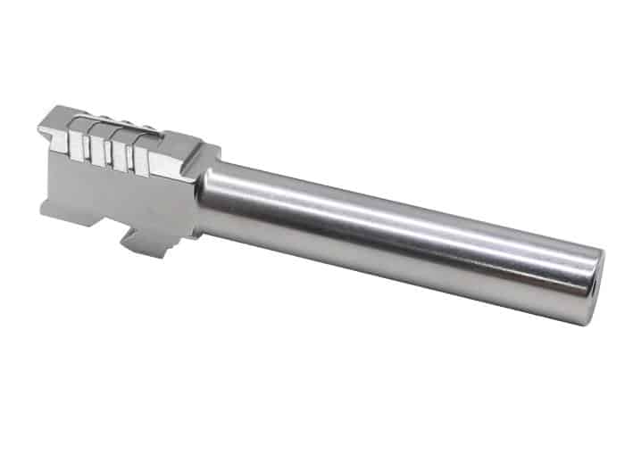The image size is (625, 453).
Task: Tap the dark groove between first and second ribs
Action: click(x=87, y=148)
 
